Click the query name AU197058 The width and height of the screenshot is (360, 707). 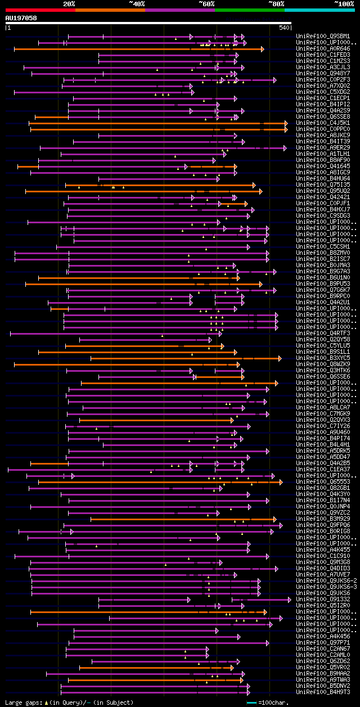pos(21,18)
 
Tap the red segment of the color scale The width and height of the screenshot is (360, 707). pos(40,10)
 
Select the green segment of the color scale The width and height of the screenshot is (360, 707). pos(249,10)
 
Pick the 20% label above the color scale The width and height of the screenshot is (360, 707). pos(69,4)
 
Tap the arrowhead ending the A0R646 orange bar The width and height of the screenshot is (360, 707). pos(262,49)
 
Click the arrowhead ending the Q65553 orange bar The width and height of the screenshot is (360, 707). pos(281,482)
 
